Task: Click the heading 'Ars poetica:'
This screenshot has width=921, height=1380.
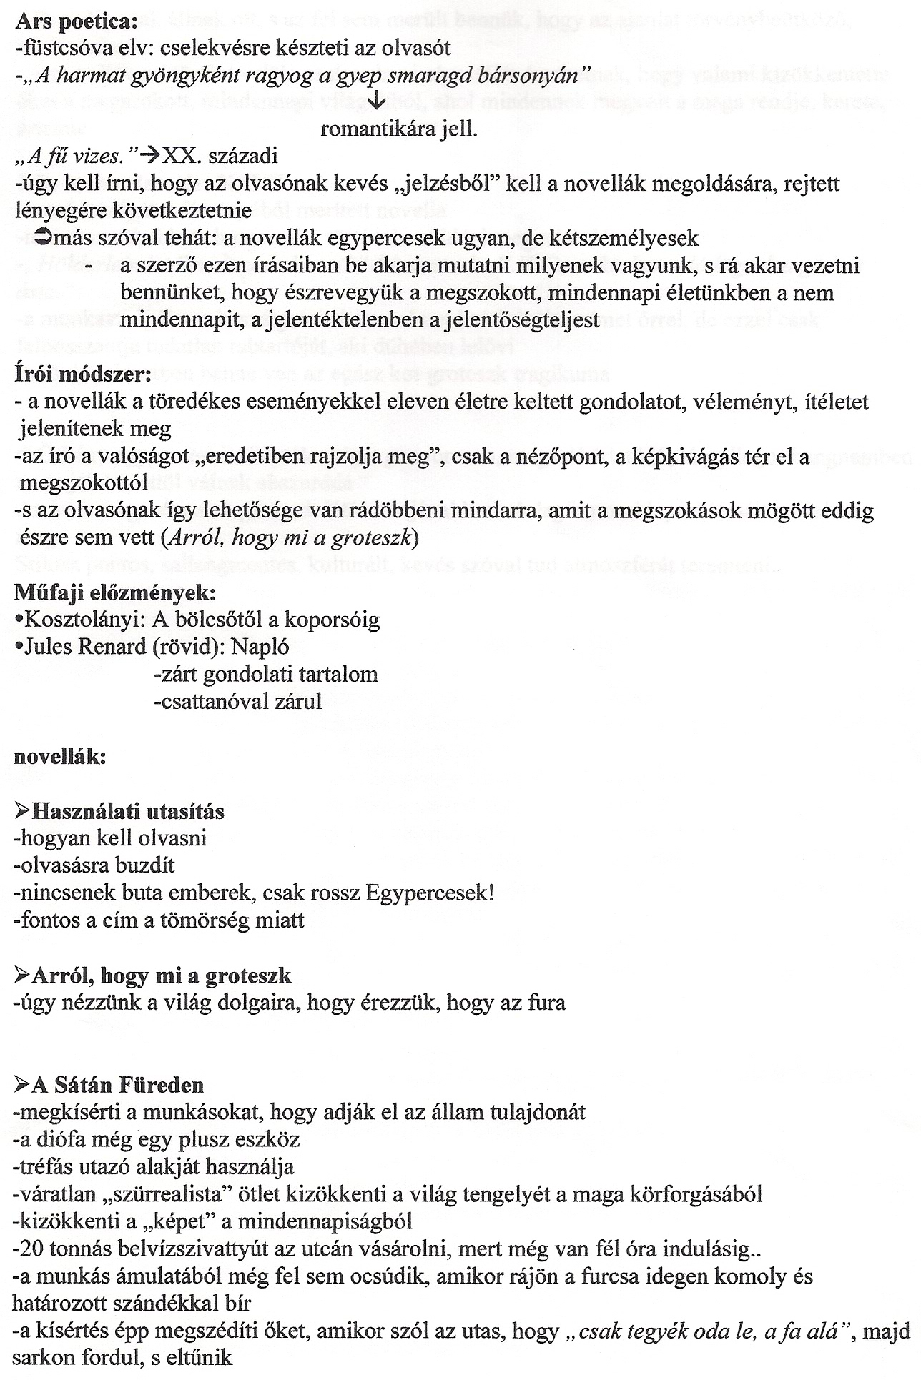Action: point(76,21)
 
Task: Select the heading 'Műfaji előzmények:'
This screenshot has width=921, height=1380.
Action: point(114,592)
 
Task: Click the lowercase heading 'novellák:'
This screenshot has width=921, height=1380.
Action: point(60,757)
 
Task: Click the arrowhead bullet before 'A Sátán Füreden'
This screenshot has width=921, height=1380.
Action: point(21,1085)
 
